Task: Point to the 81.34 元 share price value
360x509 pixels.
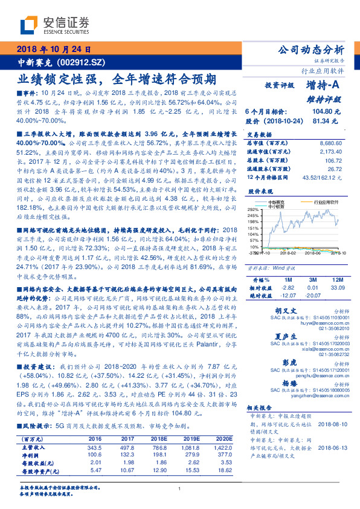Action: [326, 122]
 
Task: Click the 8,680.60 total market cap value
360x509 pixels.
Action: [329, 143]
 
